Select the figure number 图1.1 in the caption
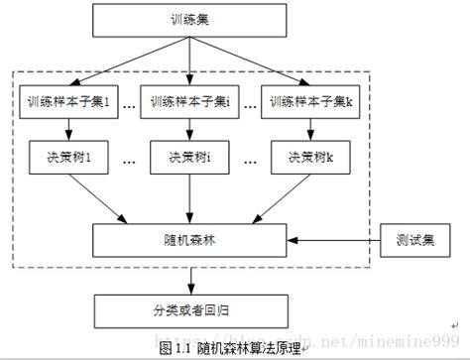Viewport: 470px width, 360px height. [176, 349]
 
